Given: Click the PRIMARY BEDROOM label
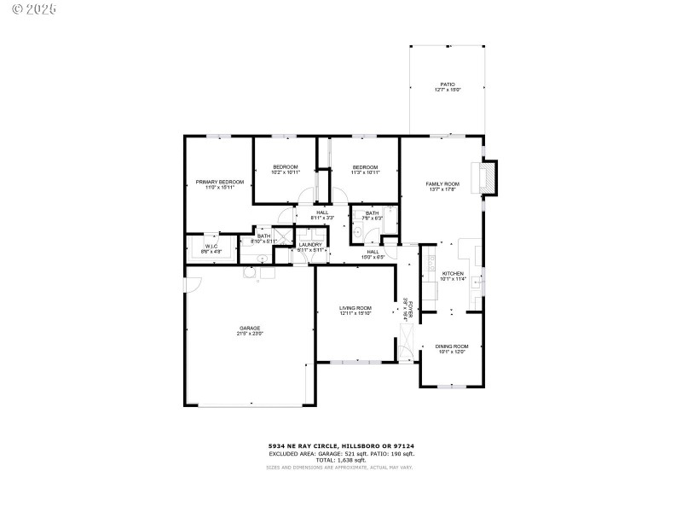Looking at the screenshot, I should coord(219,182).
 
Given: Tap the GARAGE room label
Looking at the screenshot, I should coord(249,328).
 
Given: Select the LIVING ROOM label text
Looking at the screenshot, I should coord(355,308).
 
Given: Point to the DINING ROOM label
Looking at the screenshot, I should coord(452,346).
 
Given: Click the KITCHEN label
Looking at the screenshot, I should coord(452,273).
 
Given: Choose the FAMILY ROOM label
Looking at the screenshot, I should coord(442,183).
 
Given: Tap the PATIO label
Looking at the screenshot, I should coord(448,84).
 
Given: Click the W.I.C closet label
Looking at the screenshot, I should coord(211,247).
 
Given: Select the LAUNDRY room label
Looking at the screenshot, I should coord(310,245).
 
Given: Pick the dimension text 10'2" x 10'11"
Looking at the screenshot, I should coord(286,172).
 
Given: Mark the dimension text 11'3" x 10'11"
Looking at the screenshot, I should coord(365,172).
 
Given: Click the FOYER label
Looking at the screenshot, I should coord(409,309).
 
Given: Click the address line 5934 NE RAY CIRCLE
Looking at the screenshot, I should coord(303,445).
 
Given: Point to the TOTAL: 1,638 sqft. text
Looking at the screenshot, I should coord(341,459).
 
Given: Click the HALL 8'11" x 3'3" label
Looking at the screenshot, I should coord(321,215).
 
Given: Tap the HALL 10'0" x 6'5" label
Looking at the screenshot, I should coord(373,253).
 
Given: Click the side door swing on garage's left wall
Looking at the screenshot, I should coord(193,286).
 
